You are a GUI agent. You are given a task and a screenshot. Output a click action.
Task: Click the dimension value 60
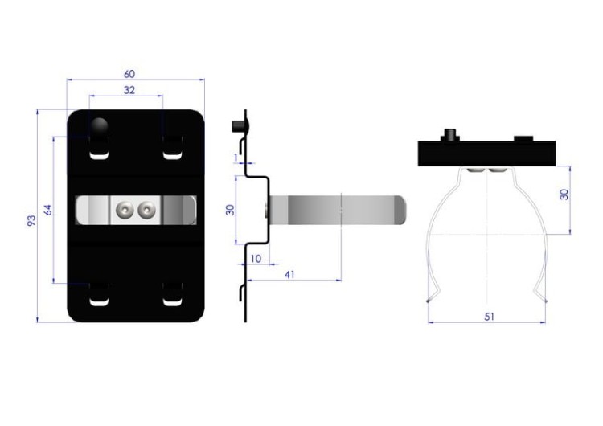(129, 73)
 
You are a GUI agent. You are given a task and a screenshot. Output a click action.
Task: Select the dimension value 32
(129, 90)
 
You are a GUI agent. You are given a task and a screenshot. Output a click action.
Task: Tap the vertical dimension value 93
(31, 221)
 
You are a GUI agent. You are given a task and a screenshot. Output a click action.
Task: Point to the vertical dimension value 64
(47, 210)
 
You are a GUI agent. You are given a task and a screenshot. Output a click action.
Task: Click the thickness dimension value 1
(236, 158)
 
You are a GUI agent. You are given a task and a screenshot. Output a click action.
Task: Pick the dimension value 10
(256, 259)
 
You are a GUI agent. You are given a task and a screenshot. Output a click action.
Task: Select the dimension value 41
(289, 275)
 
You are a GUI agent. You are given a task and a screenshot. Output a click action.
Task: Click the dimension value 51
(489, 317)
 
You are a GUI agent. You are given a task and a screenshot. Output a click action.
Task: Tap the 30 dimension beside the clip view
(564, 195)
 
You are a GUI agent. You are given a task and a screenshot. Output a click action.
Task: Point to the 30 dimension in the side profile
(230, 210)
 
